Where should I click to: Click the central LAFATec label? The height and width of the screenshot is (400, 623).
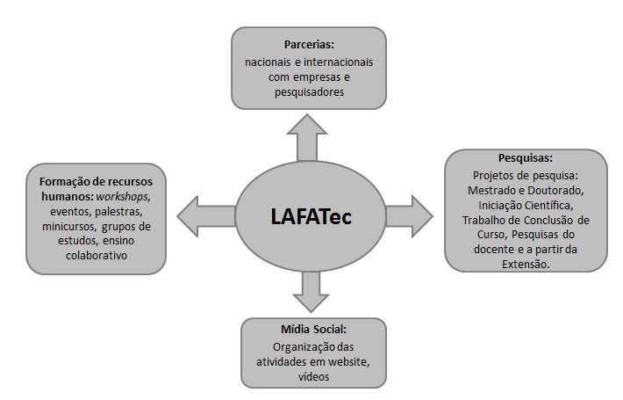[x=311, y=217]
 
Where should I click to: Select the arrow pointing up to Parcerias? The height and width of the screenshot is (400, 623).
[x=307, y=138]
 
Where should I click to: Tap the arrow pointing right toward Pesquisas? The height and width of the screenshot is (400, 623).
[x=409, y=216]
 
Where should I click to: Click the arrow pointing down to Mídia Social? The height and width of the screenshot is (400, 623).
[x=311, y=291]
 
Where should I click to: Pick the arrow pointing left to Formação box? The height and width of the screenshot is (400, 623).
[x=206, y=216]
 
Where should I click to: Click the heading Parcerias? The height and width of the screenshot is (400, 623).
[x=309, y=45]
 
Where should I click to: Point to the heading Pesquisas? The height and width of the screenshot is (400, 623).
[x=526, y=158]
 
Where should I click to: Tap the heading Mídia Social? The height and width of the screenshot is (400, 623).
[x=313, y=329]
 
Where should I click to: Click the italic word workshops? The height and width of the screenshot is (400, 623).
[x=122, y=197]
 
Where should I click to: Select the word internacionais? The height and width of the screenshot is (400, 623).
[x=339, y=62]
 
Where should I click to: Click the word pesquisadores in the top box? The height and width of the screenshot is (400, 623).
[x=309, y=92]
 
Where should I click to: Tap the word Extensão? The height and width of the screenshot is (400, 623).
[x=526, y=264]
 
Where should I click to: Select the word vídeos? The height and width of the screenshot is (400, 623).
[x=313, y=376]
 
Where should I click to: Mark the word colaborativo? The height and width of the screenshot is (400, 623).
[x=97, y=255]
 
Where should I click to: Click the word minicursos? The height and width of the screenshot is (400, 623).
[x=68, y=227]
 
